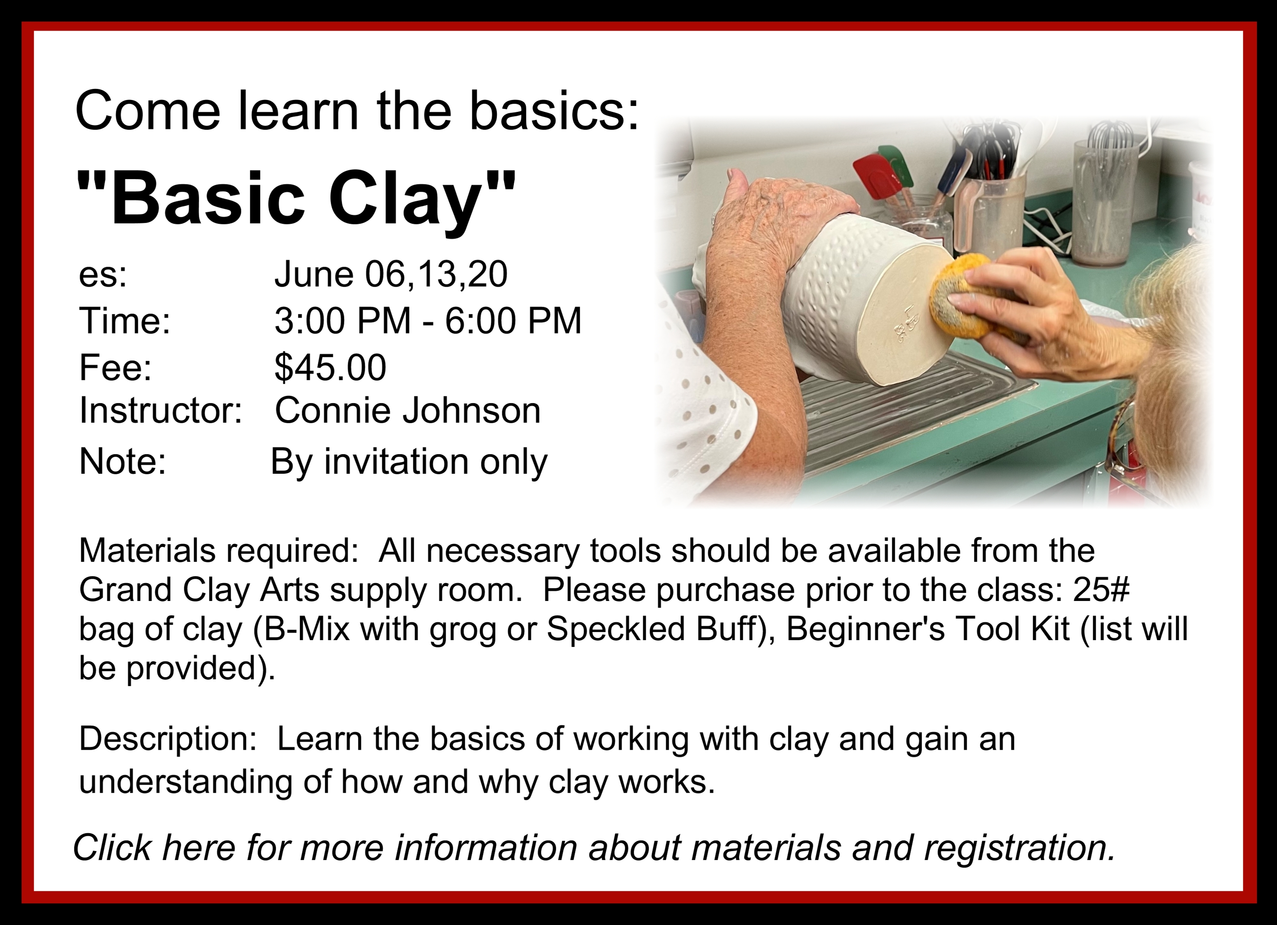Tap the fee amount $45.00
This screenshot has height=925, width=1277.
pos(330,367)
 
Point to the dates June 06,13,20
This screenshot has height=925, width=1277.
pos(391,275)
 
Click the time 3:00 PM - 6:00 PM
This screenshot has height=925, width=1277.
pos(428,321)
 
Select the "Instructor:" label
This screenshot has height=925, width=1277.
pos(160,411)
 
